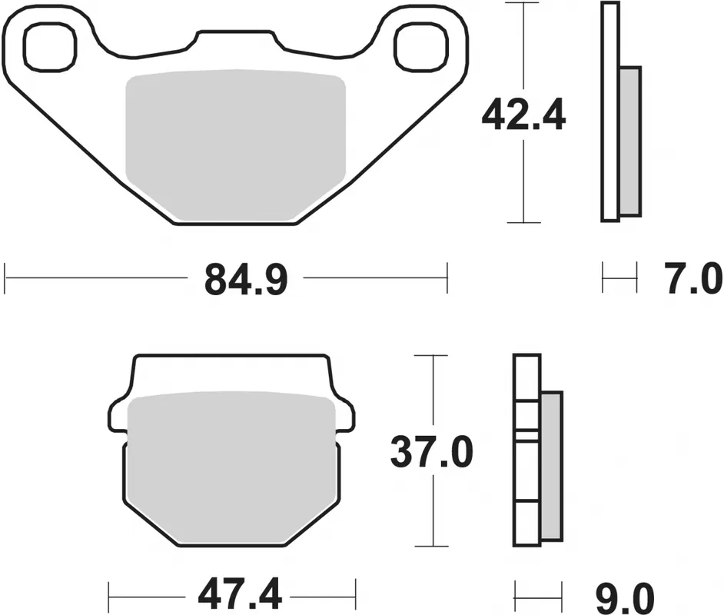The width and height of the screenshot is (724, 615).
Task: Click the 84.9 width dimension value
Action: pos(246,280)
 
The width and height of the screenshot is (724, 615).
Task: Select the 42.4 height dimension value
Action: pos(523,116)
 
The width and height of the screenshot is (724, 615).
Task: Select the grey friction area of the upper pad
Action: pos(234,142)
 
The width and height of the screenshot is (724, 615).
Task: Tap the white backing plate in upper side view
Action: pos(610,111)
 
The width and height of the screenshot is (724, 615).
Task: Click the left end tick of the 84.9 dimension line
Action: pos(5,278)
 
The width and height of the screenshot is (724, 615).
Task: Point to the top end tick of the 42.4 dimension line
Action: pos(523,3)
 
